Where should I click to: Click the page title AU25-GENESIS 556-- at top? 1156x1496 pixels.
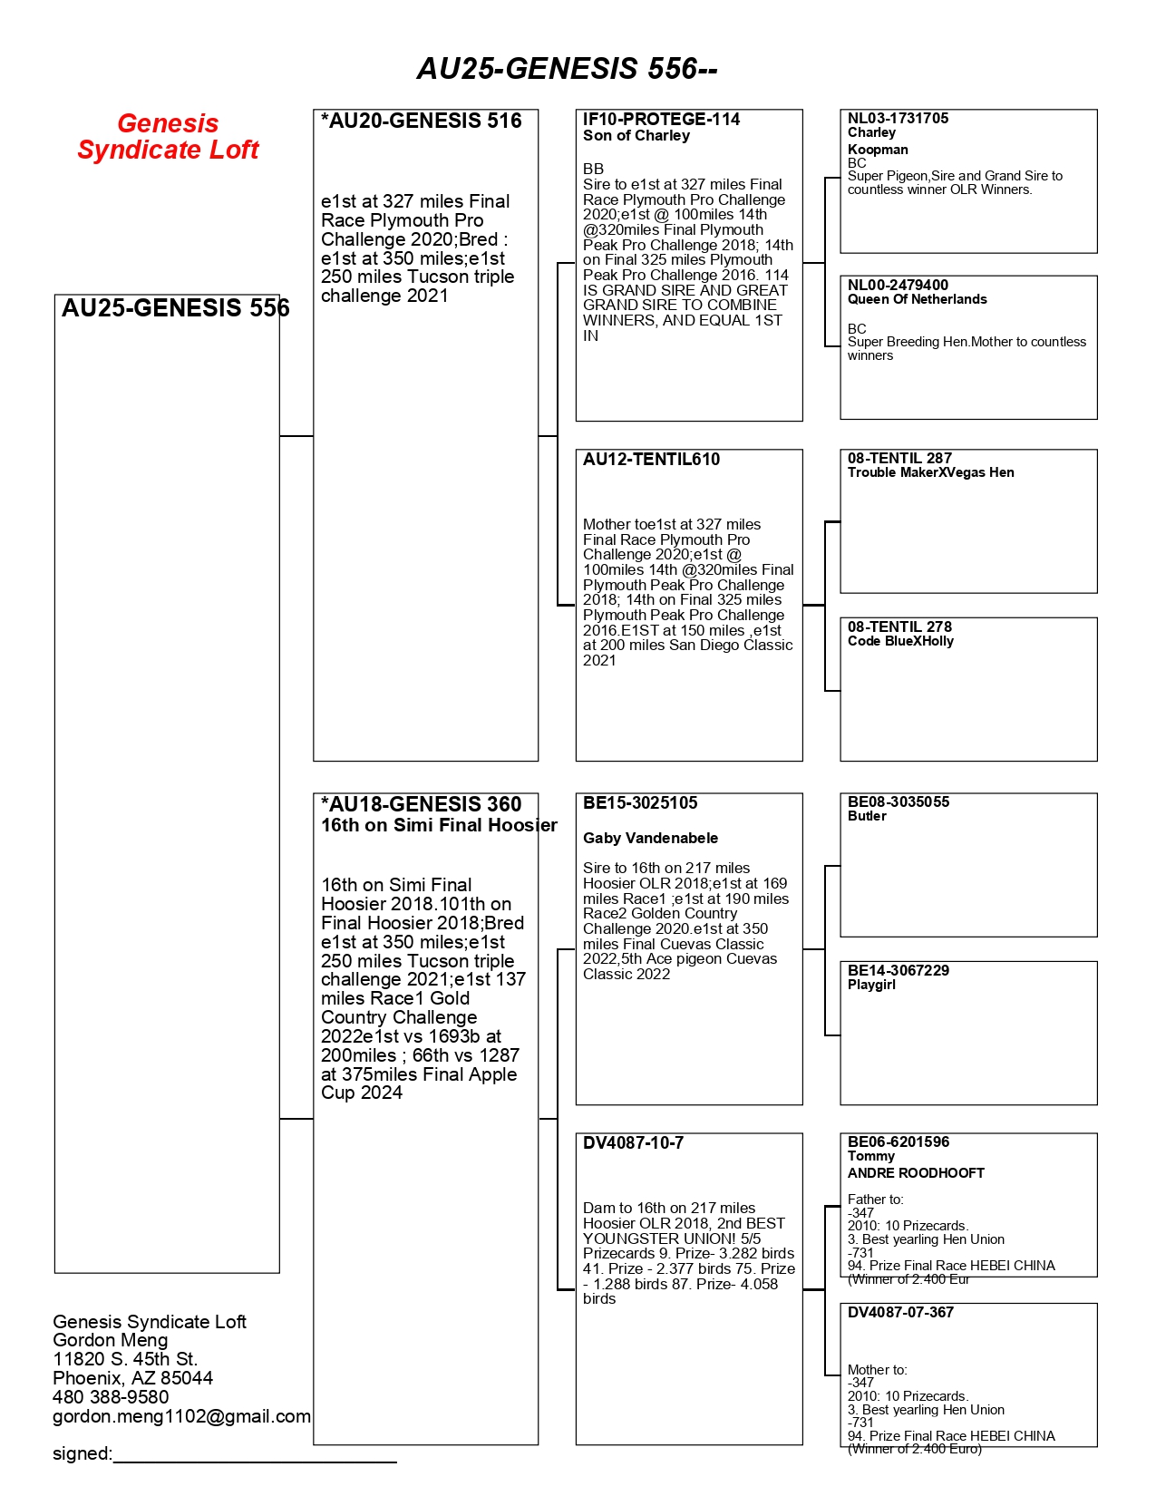pyautogui.click(x=567, y=69)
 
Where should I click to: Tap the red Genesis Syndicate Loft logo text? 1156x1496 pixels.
pyautogui.click(x=168, y=137)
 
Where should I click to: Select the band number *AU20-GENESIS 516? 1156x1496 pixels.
pyautogui.click(x=422, y=121)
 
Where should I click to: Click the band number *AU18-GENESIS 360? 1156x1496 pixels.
pyautogui.click(x=422, y=804)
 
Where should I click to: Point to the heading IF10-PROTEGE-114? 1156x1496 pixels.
pyautogui.click(x=661, y=120)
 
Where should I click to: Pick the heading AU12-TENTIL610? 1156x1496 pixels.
pyautogui.click(x=651, y=460)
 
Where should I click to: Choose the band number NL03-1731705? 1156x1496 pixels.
pyautogui.click(x=898, y=119)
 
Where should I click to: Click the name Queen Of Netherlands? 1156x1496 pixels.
pyautogui.click(x=917, y=299)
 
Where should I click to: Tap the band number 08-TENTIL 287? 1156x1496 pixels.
pyautogui.click(x=899, y=458)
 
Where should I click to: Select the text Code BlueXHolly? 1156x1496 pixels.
pyautogui.click(x=900, y=641)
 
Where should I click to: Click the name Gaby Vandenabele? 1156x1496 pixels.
pyautogui.click(x=650, y=838)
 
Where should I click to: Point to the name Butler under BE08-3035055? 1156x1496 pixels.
pyautogui.click(x=867, y=816)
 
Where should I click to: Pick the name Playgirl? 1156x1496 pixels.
pyautogui.click(x=871, y=985)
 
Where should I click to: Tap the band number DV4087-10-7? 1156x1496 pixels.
pyautogui.click(x=633, y=1143)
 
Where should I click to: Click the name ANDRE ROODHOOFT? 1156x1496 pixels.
pyautogui.click(x=916, y=1173)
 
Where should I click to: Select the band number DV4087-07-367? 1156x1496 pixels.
pyautogui.click(x=900, y=1313)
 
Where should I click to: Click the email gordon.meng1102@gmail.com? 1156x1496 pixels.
pyautogui.click(x=181, y=1416)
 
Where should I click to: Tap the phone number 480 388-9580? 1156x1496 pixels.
pyautogui.click(x=111, y=1397)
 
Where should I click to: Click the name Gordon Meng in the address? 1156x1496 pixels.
pyautogui.click(x=111, y=1340)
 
